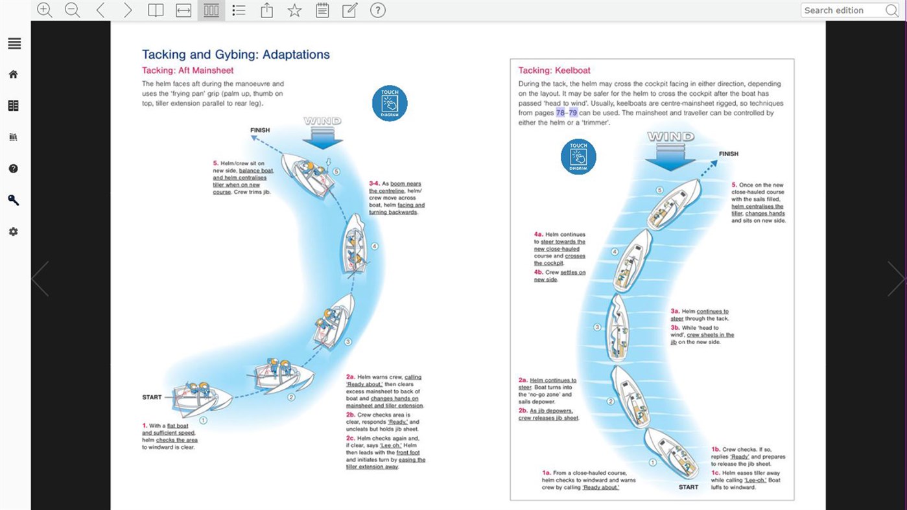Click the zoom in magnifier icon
pos(44,10)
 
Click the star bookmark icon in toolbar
pos(294,10)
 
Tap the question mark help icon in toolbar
pos(377,10)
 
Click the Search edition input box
pos(843,10)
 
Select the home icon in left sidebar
pos(14,75)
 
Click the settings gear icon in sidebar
pos(14,231)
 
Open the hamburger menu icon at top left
pos(14,43)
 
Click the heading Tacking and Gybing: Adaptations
pos(235,54)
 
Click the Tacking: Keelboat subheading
pos(554,70)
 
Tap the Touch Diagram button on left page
pos(390,103)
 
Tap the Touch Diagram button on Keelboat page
pos(578,156)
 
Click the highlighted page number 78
pos(560,113)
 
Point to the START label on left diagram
pos(152,397)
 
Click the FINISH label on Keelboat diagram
pos(728,154)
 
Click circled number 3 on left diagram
pos(347,342)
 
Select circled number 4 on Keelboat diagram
pos(615,251)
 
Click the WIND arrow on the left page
pos(323,132)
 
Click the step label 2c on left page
pos(350,438)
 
